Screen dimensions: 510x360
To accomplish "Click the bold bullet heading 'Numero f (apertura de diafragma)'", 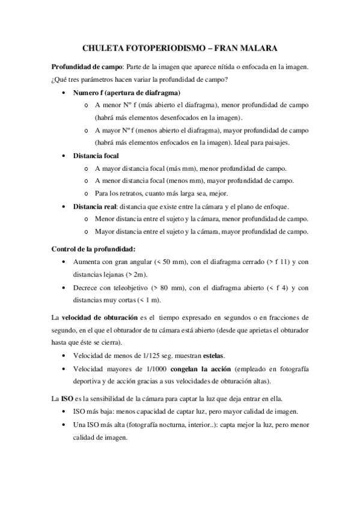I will pyautogui.click(x=126, y=93).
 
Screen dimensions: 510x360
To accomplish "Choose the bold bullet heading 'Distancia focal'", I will pyautogui.click(x=96, y=156).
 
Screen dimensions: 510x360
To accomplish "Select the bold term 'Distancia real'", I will pyautogui.click(x=94, y=206).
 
